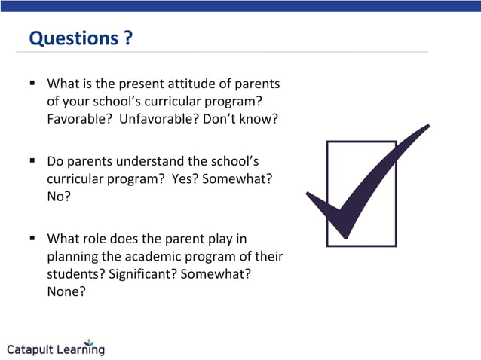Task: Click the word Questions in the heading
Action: coord(72,38)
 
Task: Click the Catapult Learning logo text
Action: coord(56,349)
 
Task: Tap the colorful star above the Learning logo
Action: coord(90,341)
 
